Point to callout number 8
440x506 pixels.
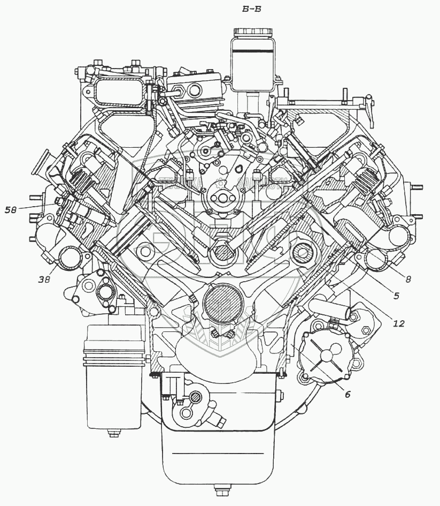407,278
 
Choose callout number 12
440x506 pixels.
398,323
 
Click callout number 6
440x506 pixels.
347,395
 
